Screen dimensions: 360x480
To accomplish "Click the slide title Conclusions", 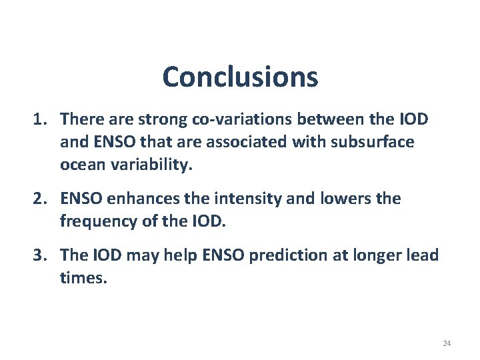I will (x=240, y=77).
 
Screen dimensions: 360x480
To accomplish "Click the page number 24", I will (x=446, y=343).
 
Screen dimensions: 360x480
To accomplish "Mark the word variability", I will (x=148, y=165).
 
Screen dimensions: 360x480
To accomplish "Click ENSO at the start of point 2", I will (x=79, y=199).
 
